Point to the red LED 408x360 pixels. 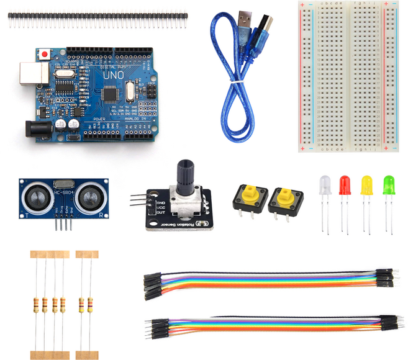344,185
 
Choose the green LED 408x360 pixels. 389,185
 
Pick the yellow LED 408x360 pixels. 366,185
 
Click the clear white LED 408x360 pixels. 324,185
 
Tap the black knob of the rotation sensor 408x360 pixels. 185,174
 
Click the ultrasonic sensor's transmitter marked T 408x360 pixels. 36,198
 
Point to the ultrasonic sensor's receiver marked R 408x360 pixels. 91,198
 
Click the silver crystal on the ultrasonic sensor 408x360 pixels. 63,183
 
